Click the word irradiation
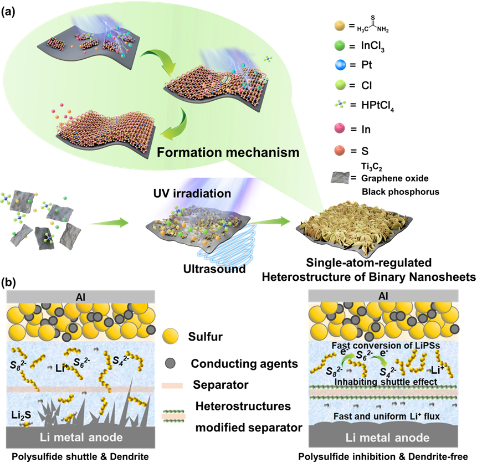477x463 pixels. [x=200, y=194]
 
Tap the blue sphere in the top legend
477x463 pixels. [x=340, y=65]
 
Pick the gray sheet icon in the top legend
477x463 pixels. [x=339, y=177]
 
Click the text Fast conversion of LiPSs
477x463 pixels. [x=383, y=346]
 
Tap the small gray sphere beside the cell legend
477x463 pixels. [x=171, y=363]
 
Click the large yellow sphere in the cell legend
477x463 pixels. [x=171, y=337]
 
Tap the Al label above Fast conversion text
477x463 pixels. [x=383, y=296]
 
